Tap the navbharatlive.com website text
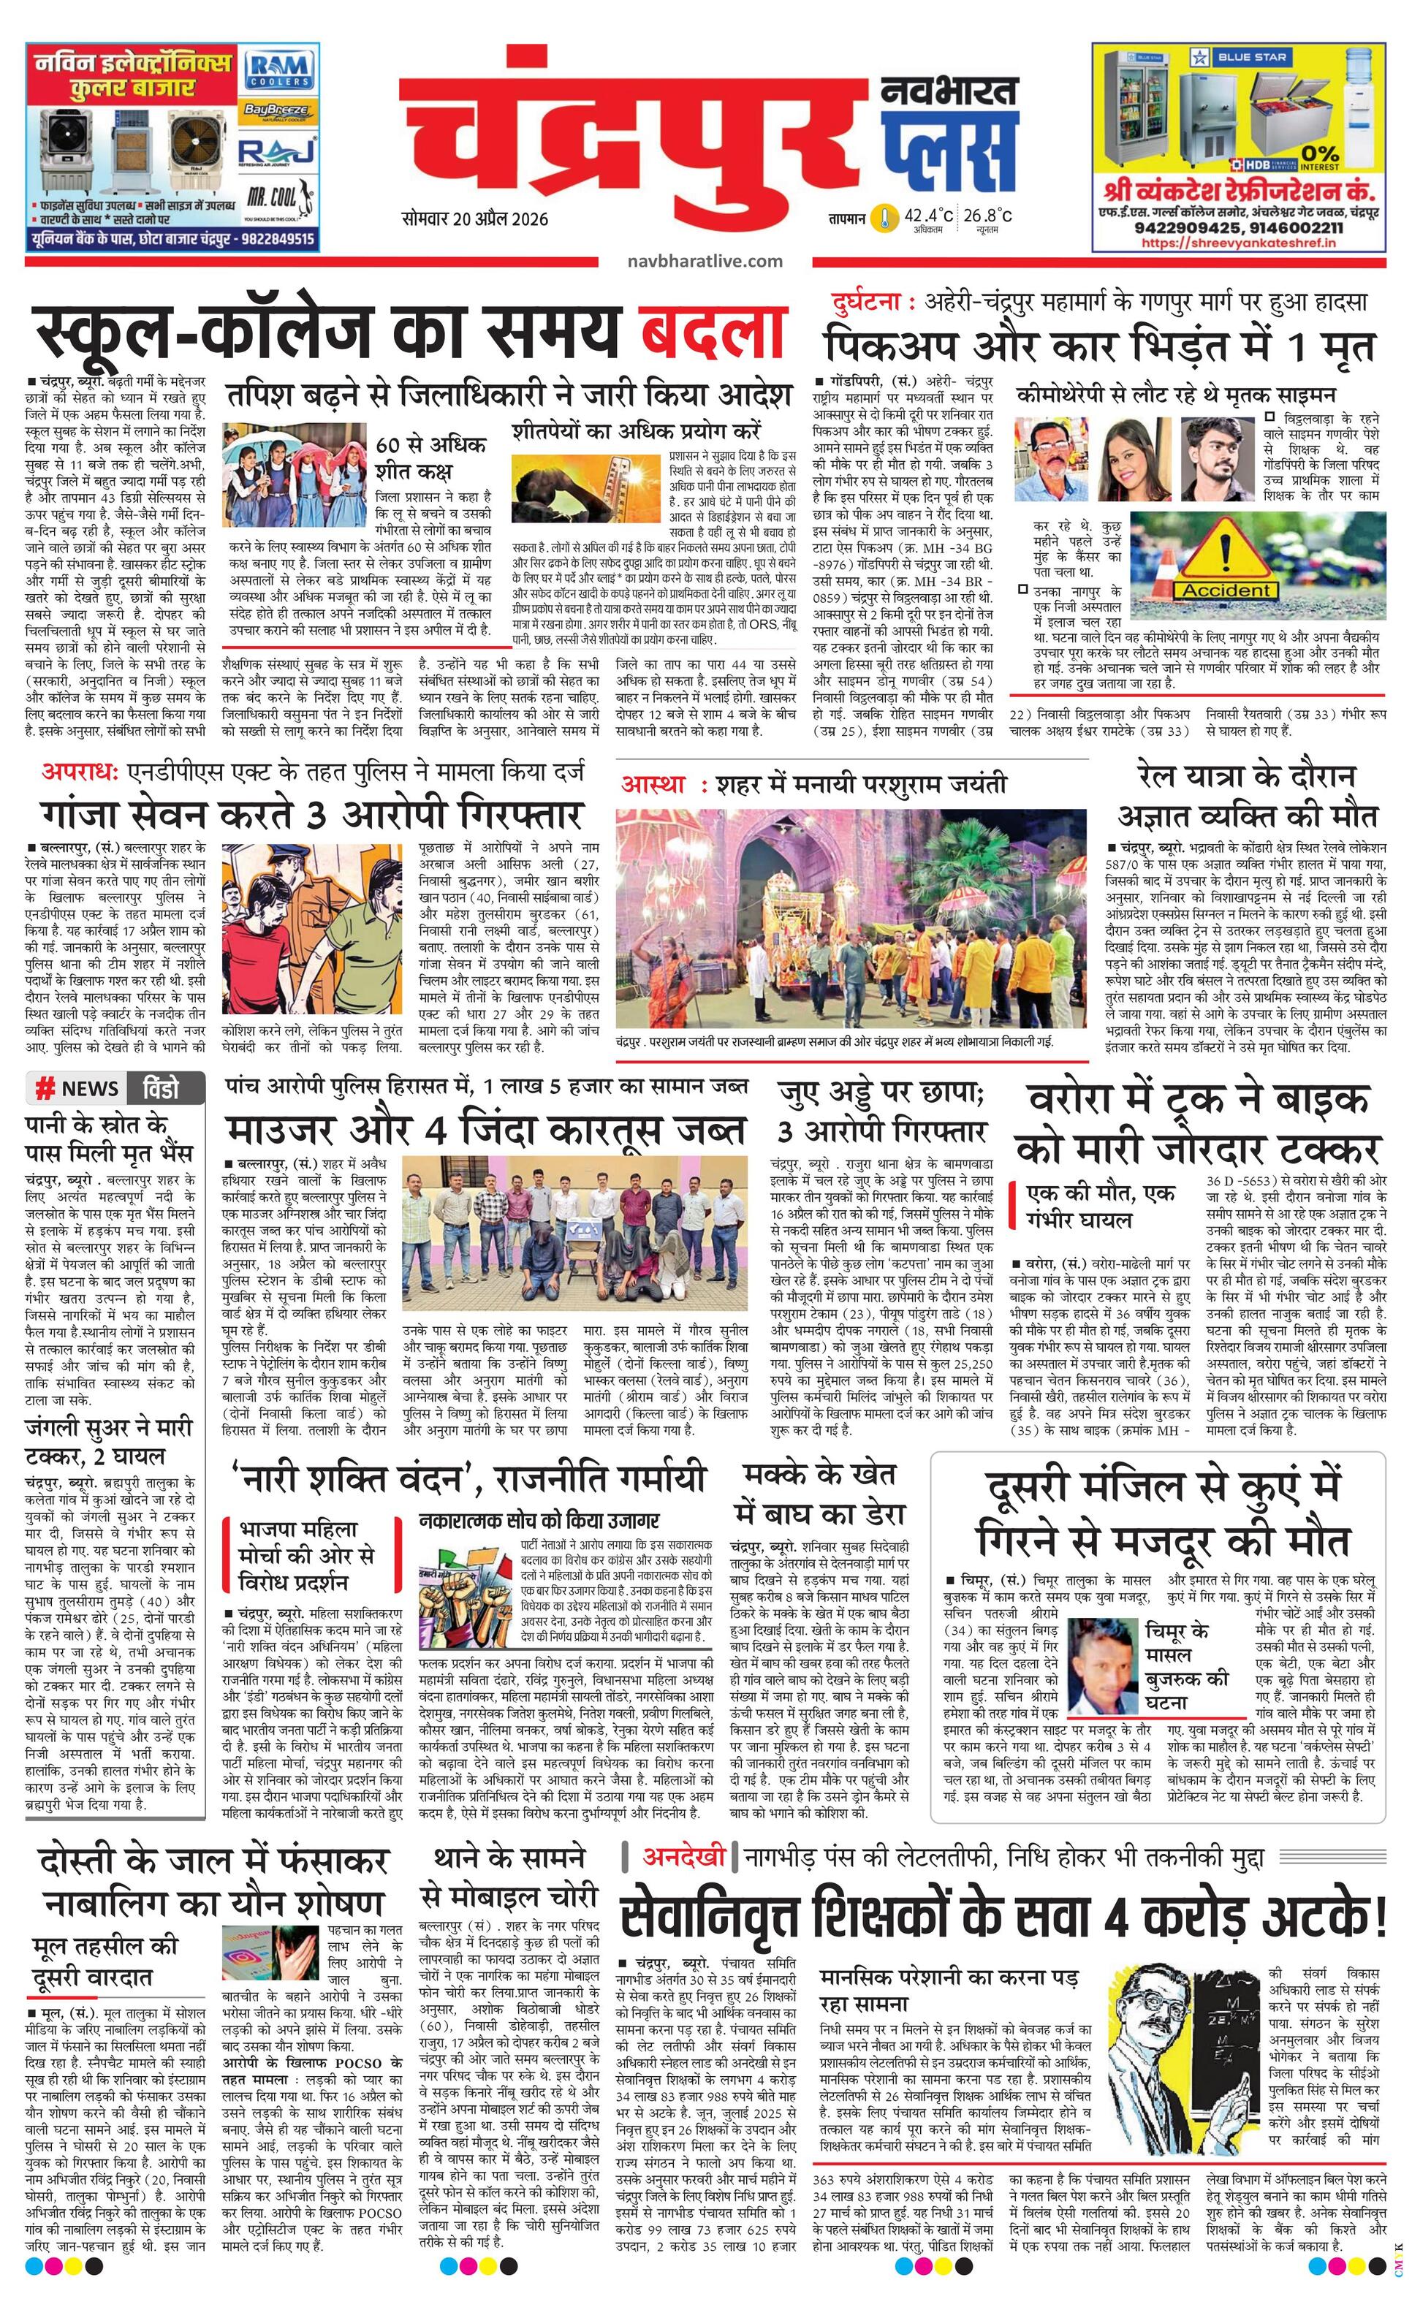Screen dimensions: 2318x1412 click(705, 261)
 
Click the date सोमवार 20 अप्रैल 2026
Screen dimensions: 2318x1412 click(475, 218)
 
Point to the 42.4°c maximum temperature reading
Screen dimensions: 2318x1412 click(928, 216)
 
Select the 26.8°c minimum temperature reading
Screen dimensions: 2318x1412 click(987, 216)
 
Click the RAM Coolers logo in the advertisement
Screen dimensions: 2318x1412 click(276, 69)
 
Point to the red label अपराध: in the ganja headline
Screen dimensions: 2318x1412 click(80, 772)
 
